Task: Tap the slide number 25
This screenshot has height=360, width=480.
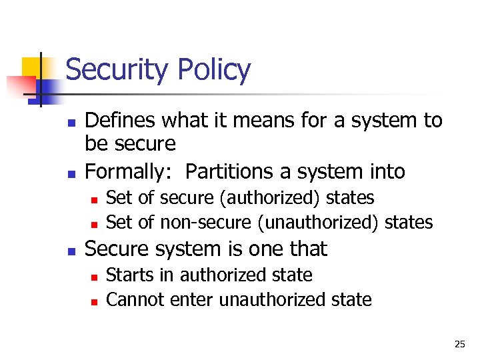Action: (x=459, y=344)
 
